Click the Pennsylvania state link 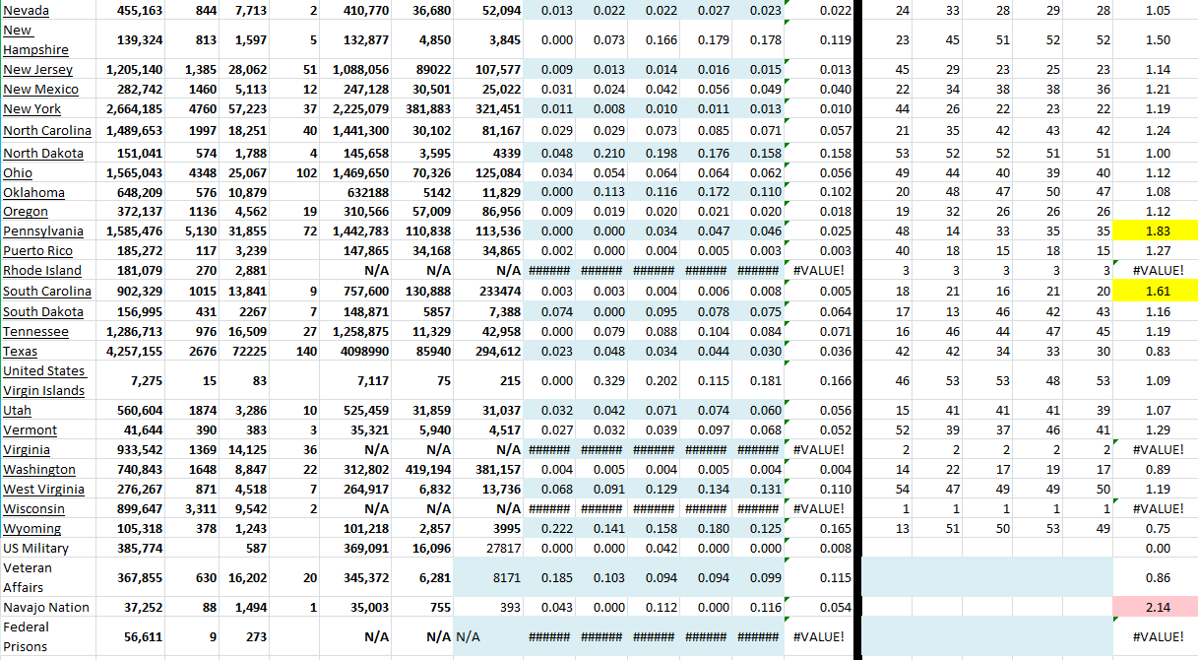pyautogui.click(x=43, y=231)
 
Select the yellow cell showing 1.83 pyautogui.click(x=1156, y=231)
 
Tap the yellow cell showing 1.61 pyautogui.click(x=1156, y=292)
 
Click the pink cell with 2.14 pyautogui.click(x=1156, y=608)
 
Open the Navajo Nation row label pyautogui.click(x=46, y=608)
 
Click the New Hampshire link pyautogui.click(x=35, y=40)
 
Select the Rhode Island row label pyautogui.click(x=42, y=271)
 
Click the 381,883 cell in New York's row pyautogui.click(x=427, y=109)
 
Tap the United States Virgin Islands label pyautogui.click(x=44, y=380)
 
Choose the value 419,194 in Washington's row pyautogui.click(x=427, y=470)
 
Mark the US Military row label pyautogui.click(x=36, y=549)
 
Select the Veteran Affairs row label pyautogui.click(x=28, y=577)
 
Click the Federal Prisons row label pyautogui.click(x=27, y=636)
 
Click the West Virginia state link pyautogui.click(x=43, y=490)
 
